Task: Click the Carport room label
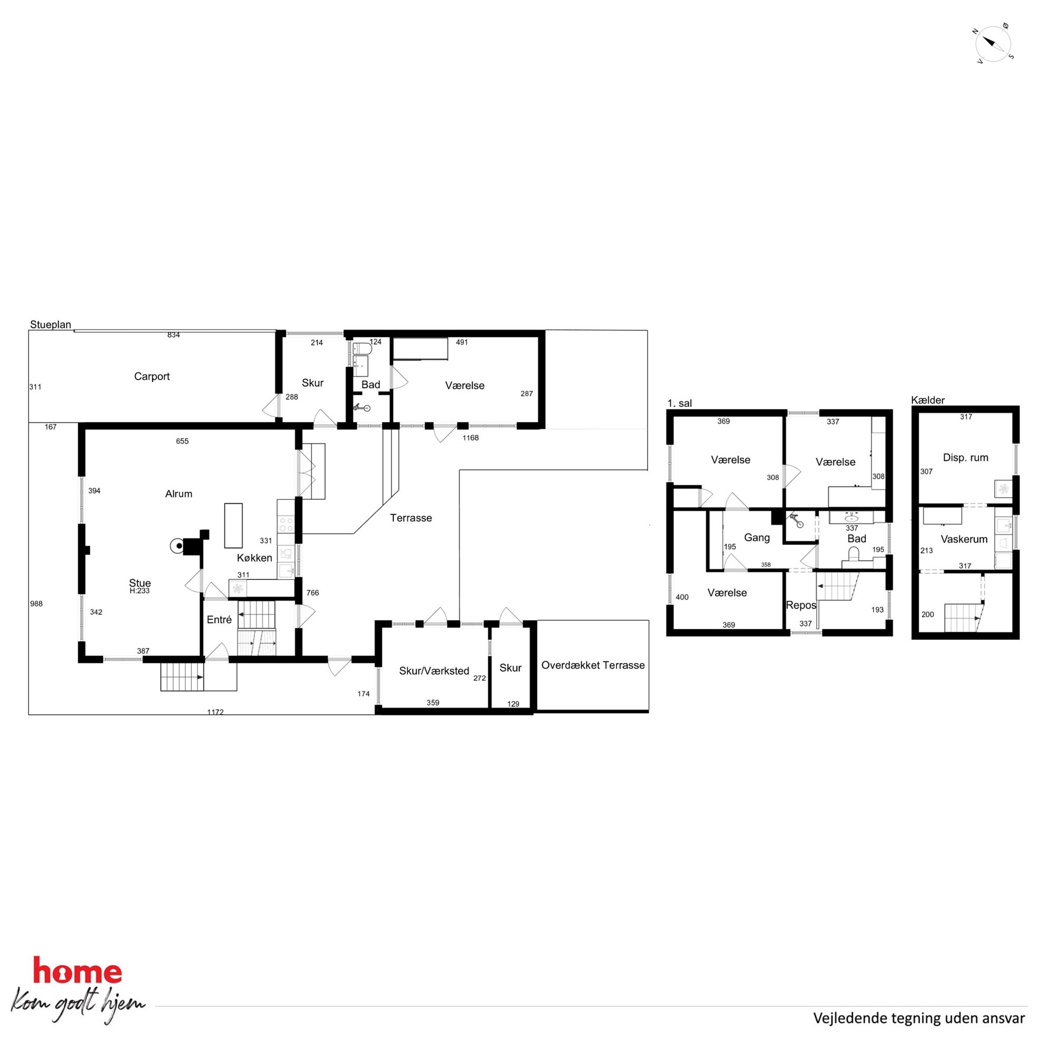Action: pyautogui.click(x=152, y=377)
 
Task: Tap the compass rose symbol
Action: pyautogui.click(x=993, y=43)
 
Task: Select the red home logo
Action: pyautogui.click(x=77, y=970)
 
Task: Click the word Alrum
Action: pyautogui.click(x=179, y=493)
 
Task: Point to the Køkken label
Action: pyautogui.click(x=255, y=558)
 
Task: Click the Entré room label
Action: pyautogui.click(x=219, y=620)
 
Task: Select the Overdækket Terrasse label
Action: pyautogui.click(x=593, y=665)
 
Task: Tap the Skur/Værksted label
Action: pyautogui.click(x=434, y=671)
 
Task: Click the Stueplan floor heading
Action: pyautogui.click(x=51, y=324)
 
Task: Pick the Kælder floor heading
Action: pyautogui.click(x=928, y=400)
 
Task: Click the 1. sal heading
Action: pyautogui.click(x=680, y=403)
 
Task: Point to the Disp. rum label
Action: pyautogui.click(x=966, y=457)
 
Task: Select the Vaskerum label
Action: pyautogui.click(x=964, y=539)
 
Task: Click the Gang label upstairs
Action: pyautogui.click(x=757, y=538)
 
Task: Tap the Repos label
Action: pyautogui.click(x=801, y=605)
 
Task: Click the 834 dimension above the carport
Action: pyautogui.click(x=174, y=335)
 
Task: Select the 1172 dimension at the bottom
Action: pyautogui.click(x=216, y=712)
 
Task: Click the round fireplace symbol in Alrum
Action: pyautogui.click(x=177, y=546)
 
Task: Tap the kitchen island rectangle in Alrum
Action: pyautogui.click(x=233, y=526)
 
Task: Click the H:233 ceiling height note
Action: pyautogui.click(x=139, y=591)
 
